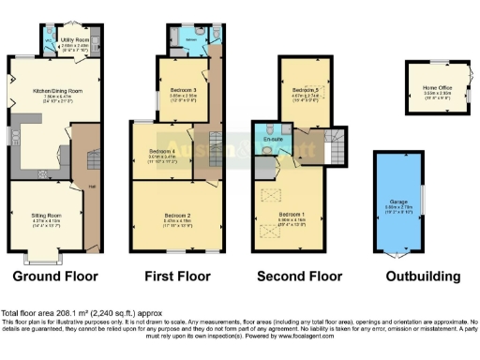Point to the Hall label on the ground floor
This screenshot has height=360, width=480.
click(x=93, y=186)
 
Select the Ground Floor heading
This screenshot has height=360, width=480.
click(x=56, y=277)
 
